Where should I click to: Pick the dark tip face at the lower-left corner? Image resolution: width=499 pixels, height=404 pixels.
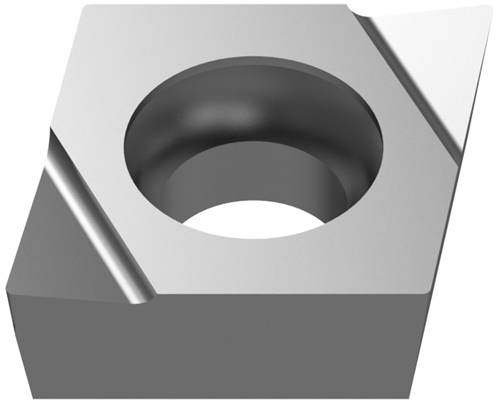[60, 240]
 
